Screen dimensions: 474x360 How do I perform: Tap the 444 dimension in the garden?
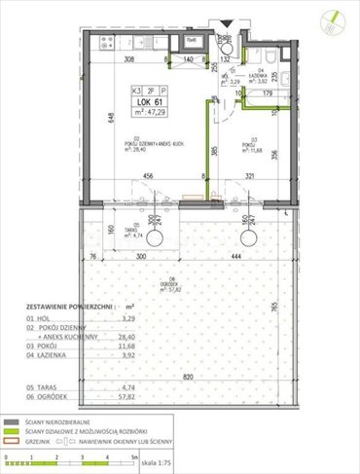click(x=235, y=260)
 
